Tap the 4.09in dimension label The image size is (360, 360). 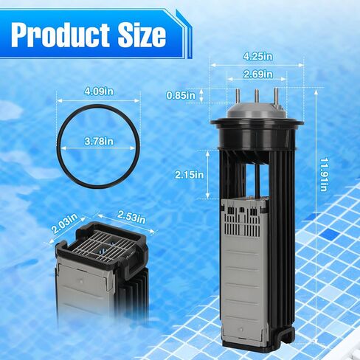pos(99,91)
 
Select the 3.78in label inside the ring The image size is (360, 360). pos(99,141)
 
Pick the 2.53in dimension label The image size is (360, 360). pos(133,218)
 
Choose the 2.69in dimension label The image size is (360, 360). pos(257,74)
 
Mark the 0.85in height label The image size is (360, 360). pos(182,95)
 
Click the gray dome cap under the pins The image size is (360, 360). pos(257,111)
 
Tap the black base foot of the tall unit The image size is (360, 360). pos(251,343)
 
